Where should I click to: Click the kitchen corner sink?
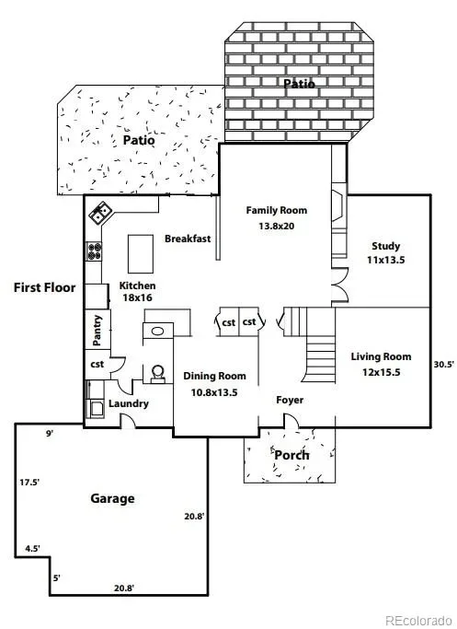click(99, 213)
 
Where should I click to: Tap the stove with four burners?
click(94, 251)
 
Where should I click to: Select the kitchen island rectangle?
click(140, 254)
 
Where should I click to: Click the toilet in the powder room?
click(158, 374)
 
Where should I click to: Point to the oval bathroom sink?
click(157, 332)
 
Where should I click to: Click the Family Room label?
click(277, 210)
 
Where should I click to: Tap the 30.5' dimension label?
click(444, 365)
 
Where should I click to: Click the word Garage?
click(112, 498)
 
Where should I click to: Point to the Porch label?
click(291, 455)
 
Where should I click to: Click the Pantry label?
click(97, 330)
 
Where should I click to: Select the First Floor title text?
click(44, 287)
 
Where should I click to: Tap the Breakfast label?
click(188, 239)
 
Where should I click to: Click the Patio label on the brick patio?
click(299, 84)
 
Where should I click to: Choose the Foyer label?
click(290, 400)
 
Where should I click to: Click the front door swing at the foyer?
click(291, 420)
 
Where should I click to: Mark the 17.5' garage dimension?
click(29, 483)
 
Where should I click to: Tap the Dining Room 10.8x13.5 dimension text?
click(214, 392)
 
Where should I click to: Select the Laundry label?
click(129, 403)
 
